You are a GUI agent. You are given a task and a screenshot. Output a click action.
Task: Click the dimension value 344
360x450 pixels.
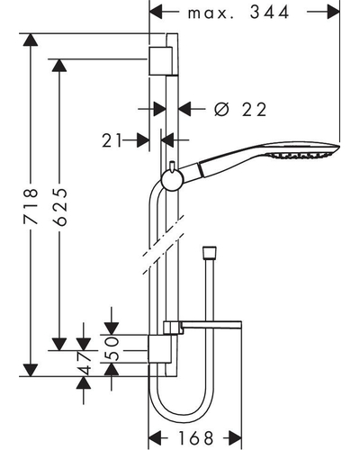click(x=269, y=13)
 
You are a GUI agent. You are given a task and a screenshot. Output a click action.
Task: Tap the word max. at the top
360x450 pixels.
click(x=211, y=13)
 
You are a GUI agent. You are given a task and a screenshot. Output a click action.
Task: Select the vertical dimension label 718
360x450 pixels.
click(x=31, y=206)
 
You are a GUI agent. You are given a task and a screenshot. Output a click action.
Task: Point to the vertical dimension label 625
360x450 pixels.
click(x=59, y=207)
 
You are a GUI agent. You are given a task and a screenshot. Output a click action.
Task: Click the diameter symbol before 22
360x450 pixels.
click(x=221, y=109)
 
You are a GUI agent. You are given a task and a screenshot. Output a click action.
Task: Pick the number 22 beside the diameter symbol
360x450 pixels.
click(x=254, y=110)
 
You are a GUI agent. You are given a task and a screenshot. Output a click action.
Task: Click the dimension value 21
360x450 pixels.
click(x=112, y=140)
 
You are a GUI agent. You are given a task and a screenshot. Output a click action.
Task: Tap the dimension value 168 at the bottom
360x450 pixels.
click(x=195, y=437)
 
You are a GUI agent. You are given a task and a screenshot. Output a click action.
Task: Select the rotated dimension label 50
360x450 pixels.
click(x=112, y=348)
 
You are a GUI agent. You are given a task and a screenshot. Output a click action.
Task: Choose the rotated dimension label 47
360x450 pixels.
click(x=83, y=364)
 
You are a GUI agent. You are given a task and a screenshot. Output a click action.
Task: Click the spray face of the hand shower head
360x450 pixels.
click(x=301, y=155)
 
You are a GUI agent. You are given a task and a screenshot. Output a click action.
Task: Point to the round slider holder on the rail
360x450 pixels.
click(x=172, y=181)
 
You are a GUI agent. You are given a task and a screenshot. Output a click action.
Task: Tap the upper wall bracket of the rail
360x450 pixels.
click(x=160, y=60)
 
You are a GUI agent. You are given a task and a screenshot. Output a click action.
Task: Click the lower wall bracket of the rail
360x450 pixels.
click(x=160, y=348)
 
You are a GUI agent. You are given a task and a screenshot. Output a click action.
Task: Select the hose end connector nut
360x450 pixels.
click(x=209, y=252)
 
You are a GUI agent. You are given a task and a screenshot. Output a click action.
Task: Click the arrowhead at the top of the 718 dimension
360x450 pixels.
click(x=31, y=40)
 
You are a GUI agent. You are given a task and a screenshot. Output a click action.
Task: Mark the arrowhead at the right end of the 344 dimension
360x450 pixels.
click(x=334, y=12)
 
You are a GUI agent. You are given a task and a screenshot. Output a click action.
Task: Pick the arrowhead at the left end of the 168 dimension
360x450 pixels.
click(x=155, y=438)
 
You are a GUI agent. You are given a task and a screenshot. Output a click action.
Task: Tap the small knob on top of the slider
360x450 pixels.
click(x=172, y=166)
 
